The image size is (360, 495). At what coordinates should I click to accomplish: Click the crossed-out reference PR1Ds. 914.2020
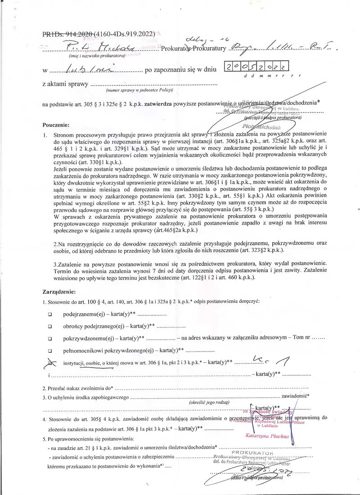click(x=68, y=34)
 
